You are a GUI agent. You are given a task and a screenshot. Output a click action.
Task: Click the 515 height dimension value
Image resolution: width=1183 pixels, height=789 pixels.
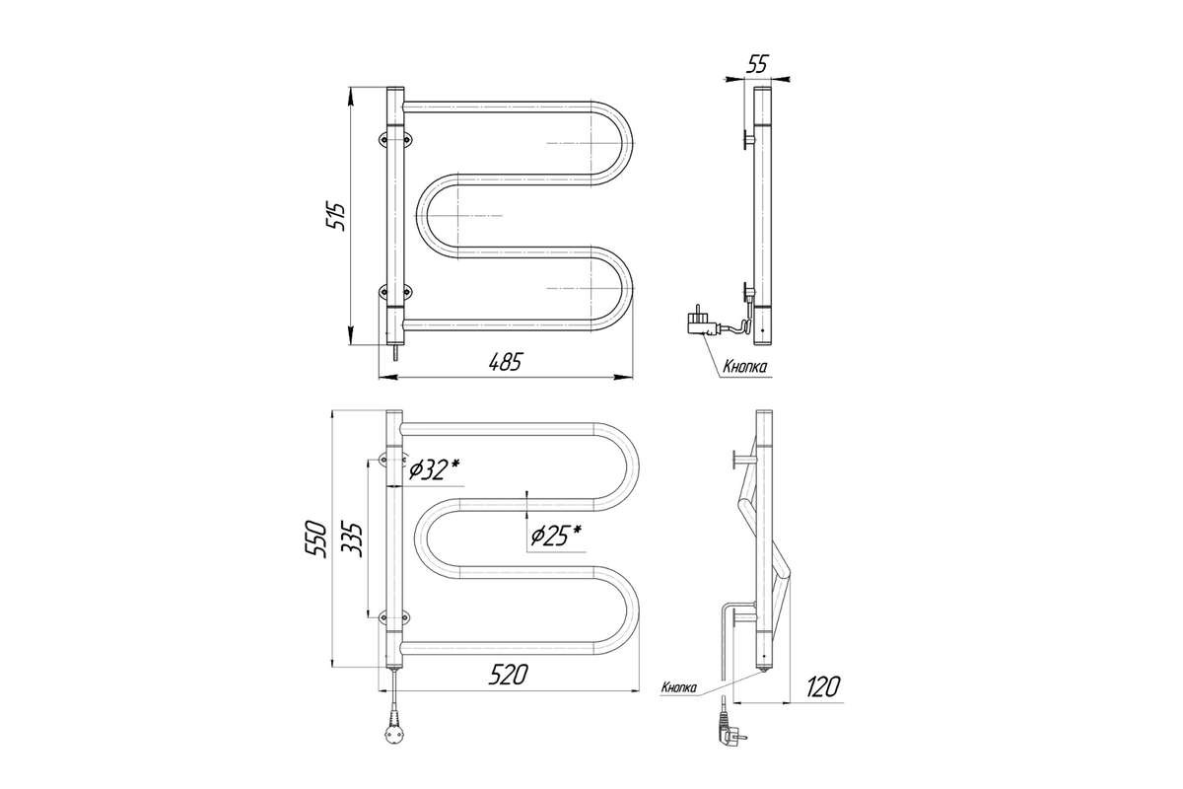point(336,215)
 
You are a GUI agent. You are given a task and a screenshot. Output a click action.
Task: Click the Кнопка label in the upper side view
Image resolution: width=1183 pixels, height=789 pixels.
point(744,367)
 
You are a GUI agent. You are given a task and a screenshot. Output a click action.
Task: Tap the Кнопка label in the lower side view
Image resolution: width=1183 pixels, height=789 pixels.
point(679,687)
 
